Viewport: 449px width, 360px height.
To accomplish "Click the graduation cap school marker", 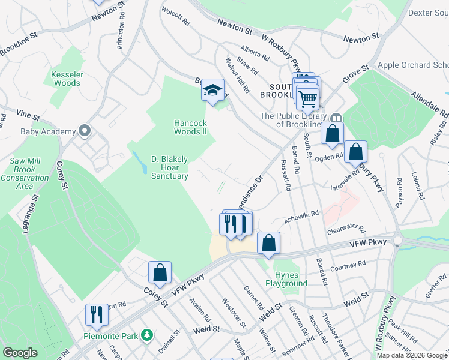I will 212,91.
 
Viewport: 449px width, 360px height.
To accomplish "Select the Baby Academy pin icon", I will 85,131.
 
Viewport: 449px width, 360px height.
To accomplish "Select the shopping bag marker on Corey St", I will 160,273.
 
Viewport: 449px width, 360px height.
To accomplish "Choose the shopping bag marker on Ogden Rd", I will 355,152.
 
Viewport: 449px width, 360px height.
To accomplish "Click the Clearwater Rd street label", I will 346,229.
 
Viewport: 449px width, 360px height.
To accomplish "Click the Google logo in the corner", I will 20,353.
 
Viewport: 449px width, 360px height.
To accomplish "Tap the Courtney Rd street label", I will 348,264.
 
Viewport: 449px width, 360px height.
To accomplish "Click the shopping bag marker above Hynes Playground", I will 269,244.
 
